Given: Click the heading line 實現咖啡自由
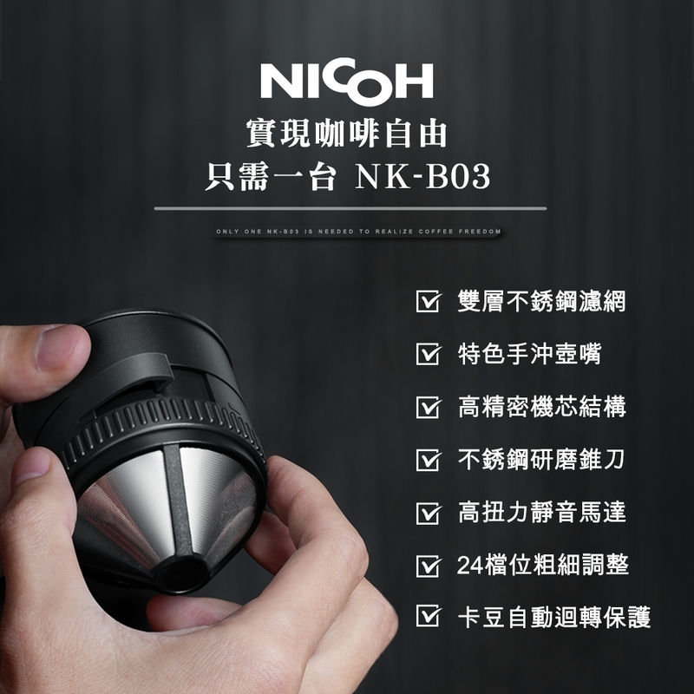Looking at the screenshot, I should [347, 134].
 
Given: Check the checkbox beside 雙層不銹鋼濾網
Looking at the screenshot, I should [426, 303].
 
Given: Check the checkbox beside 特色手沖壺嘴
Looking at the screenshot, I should [426, 355].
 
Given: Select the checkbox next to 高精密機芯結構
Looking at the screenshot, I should [426, 408].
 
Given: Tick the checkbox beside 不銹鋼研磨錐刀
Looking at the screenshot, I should [426, 460].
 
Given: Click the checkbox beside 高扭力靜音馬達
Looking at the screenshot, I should [426, 513].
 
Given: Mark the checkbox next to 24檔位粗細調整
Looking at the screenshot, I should [426, 566].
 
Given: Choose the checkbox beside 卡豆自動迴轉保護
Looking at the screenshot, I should [426, 618].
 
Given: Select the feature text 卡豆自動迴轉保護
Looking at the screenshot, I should [553, 618].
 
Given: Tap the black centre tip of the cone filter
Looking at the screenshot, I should [183, 573].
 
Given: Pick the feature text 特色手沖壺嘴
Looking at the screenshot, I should [529, 355].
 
